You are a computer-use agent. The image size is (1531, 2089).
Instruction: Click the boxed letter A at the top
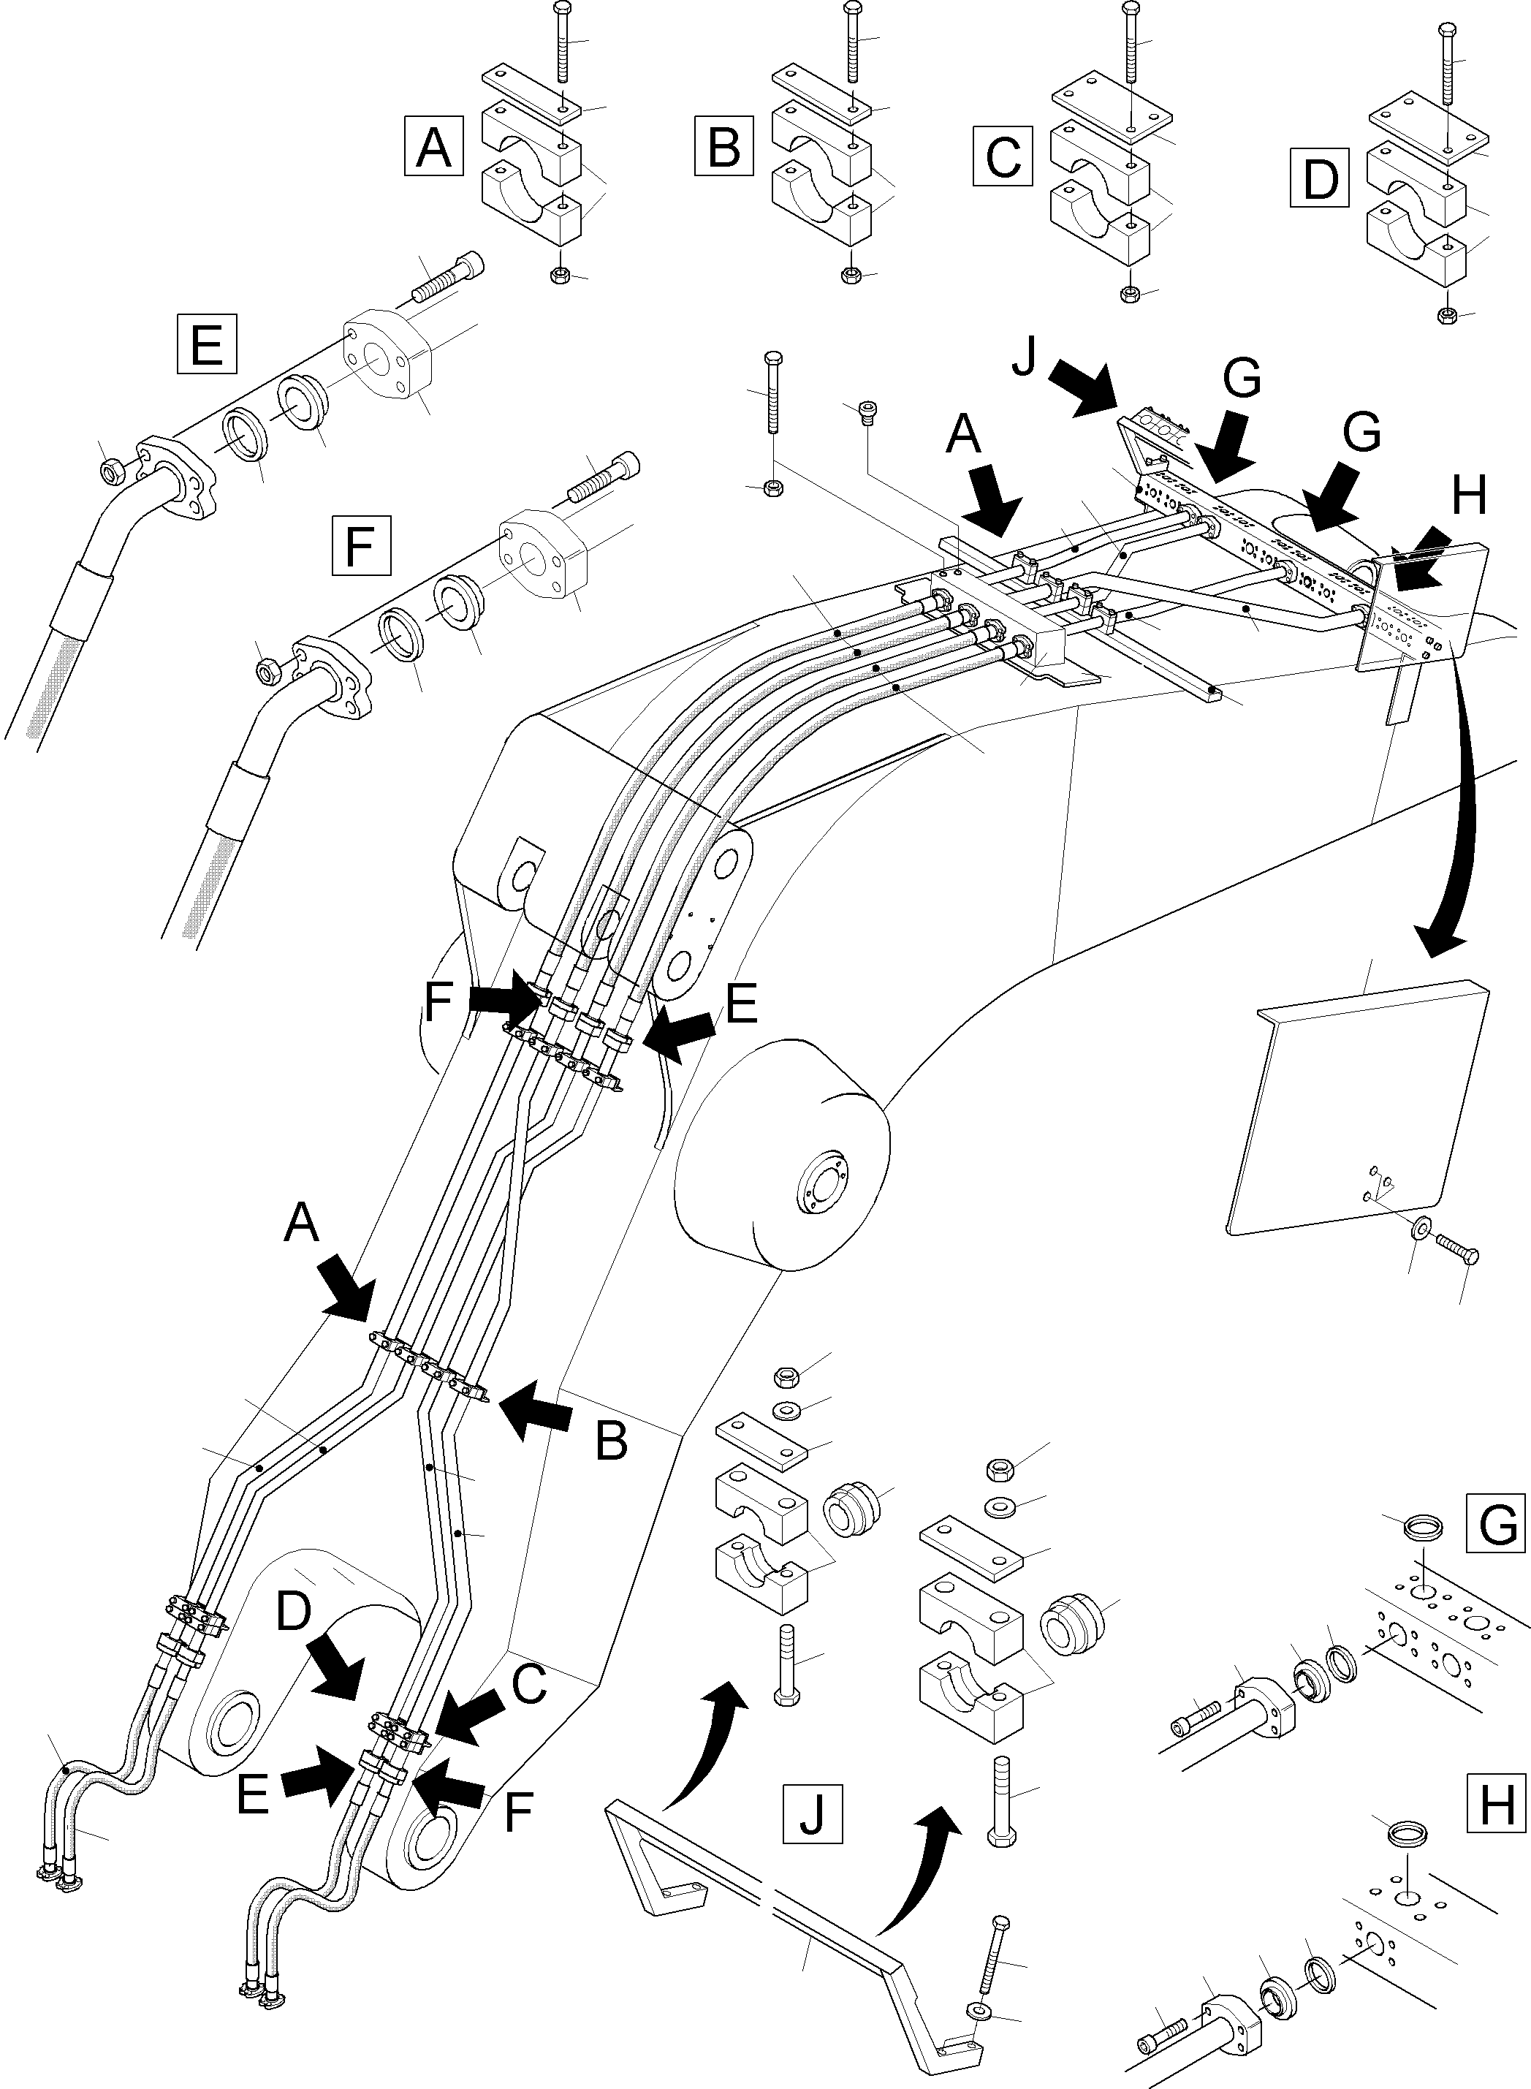433,146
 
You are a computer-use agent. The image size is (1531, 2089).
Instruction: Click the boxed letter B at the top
723,146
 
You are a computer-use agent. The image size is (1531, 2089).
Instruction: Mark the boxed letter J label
812,1812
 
